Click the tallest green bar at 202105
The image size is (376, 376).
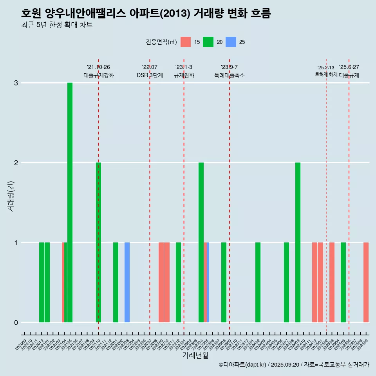[70, 202]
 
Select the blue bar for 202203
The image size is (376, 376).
[127, 282]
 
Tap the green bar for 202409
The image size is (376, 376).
[298, 242]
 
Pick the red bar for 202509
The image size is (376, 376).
[366, 282]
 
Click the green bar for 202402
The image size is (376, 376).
[258, 282]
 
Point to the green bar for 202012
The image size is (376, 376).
[42, 282]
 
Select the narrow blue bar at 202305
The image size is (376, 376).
[208, 282]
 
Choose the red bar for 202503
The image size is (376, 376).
[332, 282]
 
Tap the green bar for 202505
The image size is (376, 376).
[343, 282]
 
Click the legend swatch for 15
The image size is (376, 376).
[186, 42]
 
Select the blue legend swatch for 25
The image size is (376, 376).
[231, 42]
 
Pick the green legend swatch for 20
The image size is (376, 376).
[208, 42]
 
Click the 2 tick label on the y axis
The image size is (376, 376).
[16, 163]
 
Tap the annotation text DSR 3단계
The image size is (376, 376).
[150, 75]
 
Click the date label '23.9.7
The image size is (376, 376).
[229, 67]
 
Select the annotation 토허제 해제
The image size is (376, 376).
[326, 74]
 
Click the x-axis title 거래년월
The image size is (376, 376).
[195, 355]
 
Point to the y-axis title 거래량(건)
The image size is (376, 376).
[11, 196]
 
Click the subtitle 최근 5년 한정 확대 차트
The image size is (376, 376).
[57, 25]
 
